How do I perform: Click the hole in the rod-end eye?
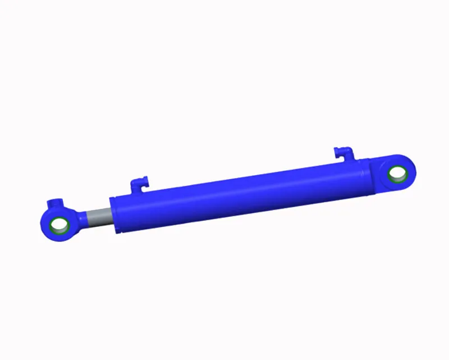(59, 226)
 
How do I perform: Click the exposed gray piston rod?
(99, 218)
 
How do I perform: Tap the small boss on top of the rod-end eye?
(54, 203)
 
